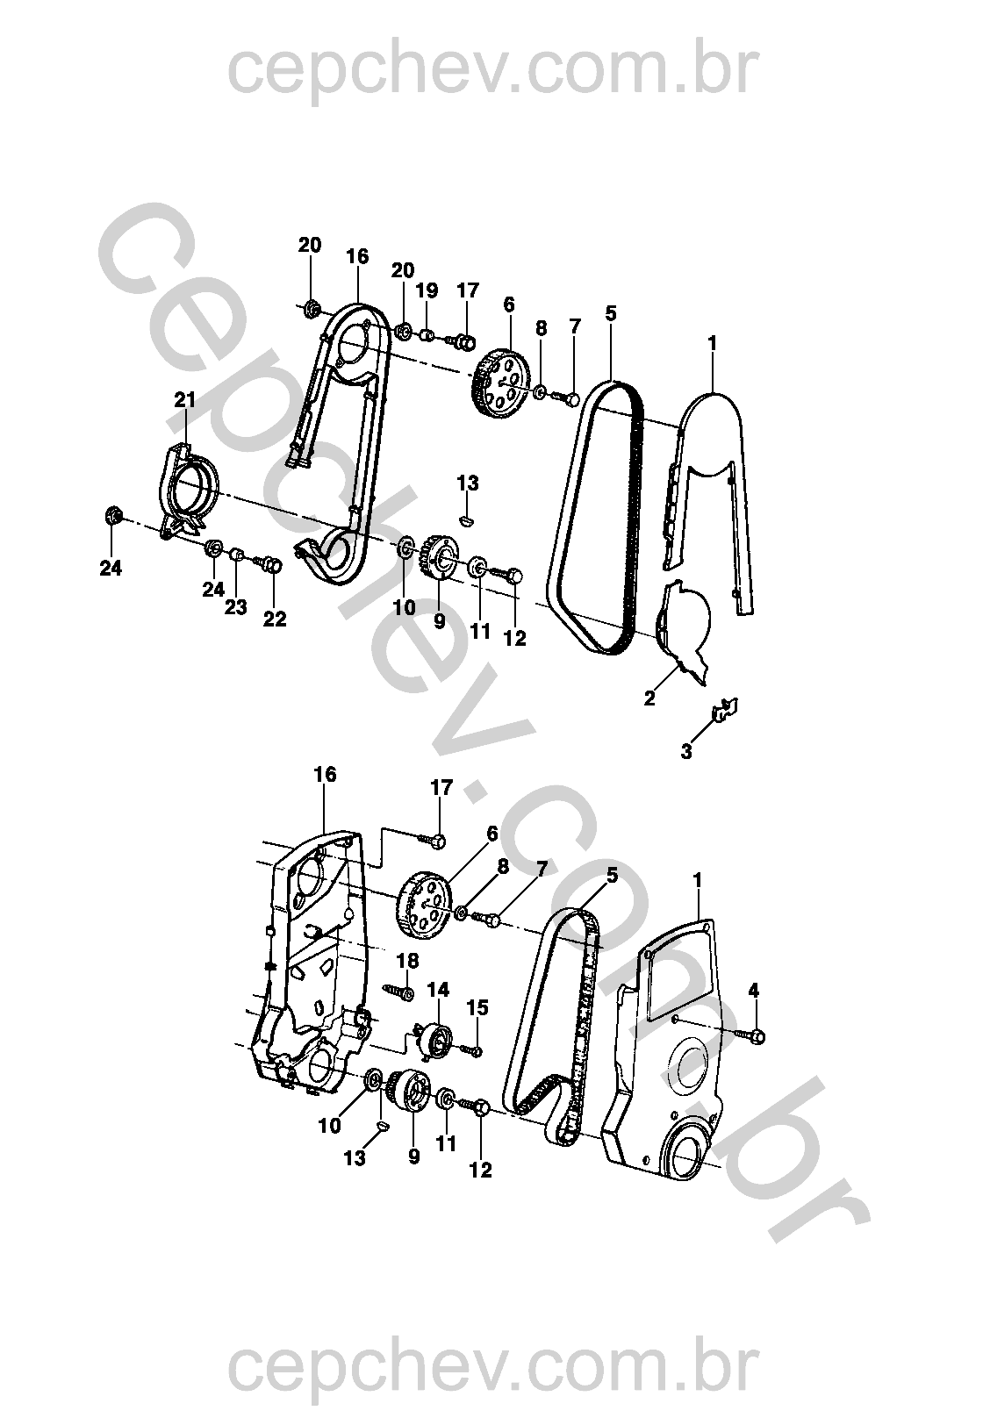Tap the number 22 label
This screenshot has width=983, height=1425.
(x=275, y=619)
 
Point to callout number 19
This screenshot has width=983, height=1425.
(x=427, y=290)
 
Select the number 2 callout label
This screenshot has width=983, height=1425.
(x=649, y=698)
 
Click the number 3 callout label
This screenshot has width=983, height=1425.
(x=685, y=752)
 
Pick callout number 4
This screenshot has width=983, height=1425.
(x=754, y=991)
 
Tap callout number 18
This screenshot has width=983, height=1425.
(x=408, y=961)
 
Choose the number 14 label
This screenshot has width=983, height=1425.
(x=438, y=990)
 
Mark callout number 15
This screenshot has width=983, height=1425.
(x=477, y=1007)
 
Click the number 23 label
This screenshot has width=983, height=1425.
(x=235, y=607)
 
